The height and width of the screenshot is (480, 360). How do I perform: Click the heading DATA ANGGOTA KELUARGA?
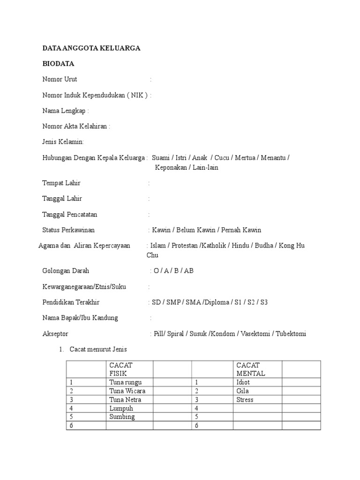[x=91, y=48]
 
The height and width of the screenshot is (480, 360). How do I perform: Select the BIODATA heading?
[x=58, y=63]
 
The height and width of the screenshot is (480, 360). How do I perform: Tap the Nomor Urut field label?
[x=60, y=79]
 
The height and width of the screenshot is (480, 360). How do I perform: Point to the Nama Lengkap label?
[x=66, y=111]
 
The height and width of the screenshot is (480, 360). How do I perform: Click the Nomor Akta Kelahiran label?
[x=76, y=127]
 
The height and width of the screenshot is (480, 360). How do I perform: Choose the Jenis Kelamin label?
[x=63, y=142]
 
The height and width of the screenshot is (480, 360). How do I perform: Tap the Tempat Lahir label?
[x=61, y=183]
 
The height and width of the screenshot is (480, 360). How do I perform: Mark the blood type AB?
[x=189, y=271]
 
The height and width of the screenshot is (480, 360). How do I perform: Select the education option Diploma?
[x=217, y=302]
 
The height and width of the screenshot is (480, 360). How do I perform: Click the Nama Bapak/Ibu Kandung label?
[x=80, y=318]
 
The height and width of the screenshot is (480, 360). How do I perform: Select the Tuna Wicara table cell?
[x=127, y=391]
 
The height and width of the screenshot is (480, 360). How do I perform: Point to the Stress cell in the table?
[x=245, y=400]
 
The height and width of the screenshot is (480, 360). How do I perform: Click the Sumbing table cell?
[x=122, y=417]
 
